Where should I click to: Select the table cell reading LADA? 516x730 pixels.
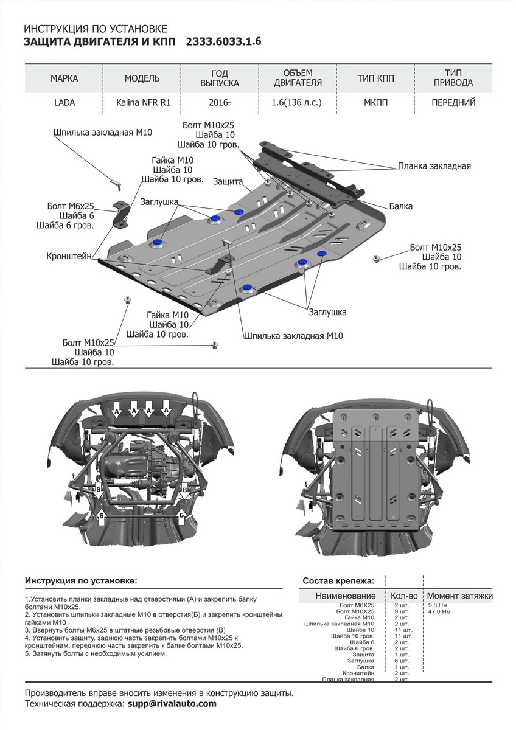pyautogui.click(x=64, y=103)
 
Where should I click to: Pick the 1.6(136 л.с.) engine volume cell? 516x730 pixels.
pyautogui.click(x=296, y=103)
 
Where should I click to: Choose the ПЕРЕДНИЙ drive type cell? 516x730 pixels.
pyautogui.click(x=453, y=103)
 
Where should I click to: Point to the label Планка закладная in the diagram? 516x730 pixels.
pyautogui.click(x=434, y=165)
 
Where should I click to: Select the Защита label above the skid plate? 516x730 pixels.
pyautogui.click(x=228, y=182)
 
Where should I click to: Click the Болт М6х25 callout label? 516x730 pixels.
pyautogui.click(x=71, y=206)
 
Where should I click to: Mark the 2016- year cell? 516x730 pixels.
pyautogui.click(x=220, y=103)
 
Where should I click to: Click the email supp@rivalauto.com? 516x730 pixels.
pyautogui.click(x=171, y=703)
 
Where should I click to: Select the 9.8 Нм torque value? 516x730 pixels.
pyautogui.click(x=438, y=605)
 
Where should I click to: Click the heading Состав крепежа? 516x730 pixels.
pyautogui.click(x=338, y=581)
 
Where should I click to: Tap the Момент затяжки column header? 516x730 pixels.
pyautogui.click(x=459, y=596)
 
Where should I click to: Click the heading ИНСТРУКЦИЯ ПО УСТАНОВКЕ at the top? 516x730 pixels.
pyautogui.click(x=94, y=29)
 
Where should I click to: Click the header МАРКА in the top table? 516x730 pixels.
pyautogui.click(x=64, y=78)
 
